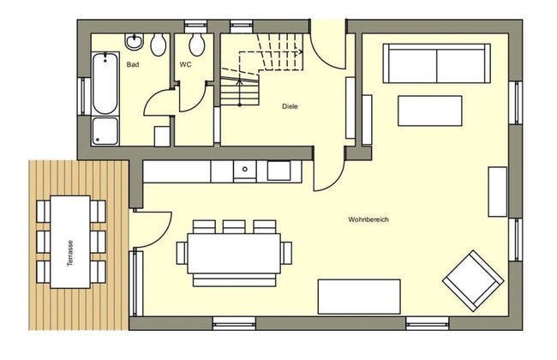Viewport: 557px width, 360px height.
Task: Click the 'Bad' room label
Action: click(133, 64)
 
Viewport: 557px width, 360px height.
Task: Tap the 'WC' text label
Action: click(186, 64)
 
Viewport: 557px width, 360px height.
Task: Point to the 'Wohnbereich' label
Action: click(368, 219)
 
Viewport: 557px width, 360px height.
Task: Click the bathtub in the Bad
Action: click(105, 83)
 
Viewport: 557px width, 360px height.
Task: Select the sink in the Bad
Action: click(135, 42)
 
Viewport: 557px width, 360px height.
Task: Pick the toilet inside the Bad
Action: click(158, 44)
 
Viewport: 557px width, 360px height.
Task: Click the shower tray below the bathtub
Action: click(105, 131)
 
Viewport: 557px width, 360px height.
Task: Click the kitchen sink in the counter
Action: click(245, 171)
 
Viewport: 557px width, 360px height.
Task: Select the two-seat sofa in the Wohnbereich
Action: click(437, 61)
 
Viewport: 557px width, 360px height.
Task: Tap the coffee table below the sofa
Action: click(429, 111)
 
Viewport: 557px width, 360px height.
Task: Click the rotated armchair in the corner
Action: click(472, 279)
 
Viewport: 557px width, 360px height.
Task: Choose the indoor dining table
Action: click(232, 254)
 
